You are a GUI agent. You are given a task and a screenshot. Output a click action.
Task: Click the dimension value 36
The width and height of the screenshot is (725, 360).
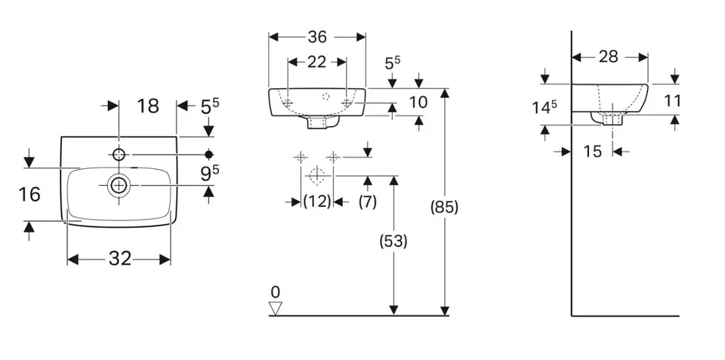point(317,36)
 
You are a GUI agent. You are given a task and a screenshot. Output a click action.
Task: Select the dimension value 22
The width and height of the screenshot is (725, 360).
point(316,62)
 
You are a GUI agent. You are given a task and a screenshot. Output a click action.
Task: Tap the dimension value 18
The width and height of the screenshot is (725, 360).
point(148,106)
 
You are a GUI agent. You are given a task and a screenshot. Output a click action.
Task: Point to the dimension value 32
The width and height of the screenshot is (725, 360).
point(119,259)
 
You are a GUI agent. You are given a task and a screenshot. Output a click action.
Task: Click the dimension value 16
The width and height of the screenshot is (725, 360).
point(29,195)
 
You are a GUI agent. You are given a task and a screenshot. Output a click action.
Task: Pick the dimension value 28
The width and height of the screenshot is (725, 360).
point(609,57)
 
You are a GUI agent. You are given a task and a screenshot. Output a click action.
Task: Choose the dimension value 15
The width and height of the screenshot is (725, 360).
point(593,152)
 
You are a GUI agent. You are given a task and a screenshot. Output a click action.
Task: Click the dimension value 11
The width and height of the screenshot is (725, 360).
point(673,100)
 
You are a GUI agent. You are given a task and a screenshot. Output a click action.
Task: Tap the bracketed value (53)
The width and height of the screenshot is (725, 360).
point(393,242)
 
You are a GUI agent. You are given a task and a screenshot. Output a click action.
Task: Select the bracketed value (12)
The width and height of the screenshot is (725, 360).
point(317,202)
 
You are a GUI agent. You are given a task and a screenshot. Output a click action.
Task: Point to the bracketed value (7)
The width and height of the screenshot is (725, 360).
point(367,202)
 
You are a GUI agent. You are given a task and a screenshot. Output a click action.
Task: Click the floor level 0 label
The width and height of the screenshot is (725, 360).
point(275,291)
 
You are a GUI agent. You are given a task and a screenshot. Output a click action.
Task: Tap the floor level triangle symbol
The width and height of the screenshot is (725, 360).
point(275,307)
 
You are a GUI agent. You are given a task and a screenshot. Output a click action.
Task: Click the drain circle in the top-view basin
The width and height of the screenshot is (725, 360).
point(119,185)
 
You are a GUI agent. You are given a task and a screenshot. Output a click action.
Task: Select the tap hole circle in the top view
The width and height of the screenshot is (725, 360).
point(119,155)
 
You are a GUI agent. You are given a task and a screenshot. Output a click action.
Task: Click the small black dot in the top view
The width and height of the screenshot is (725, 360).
point(209,155)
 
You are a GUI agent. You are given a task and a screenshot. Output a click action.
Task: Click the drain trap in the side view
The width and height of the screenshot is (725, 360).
point(612,118)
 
